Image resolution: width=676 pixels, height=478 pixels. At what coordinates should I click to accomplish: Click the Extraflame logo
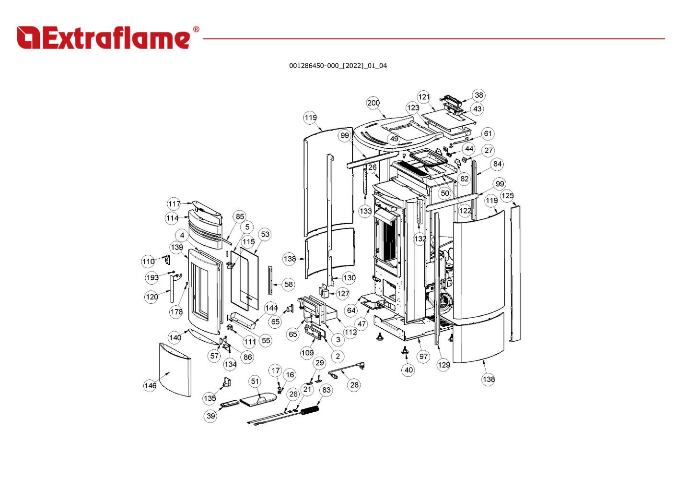click(108, 37)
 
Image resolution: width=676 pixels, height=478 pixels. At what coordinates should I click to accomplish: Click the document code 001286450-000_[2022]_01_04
click(338, 66)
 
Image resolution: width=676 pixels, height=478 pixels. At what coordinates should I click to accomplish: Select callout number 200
click(373, 103)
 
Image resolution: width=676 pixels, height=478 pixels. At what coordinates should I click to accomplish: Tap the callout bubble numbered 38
click(478, 95)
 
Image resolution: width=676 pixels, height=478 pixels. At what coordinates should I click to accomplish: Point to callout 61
click(487, 133)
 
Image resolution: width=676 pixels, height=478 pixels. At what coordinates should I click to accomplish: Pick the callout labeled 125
click(507, 196)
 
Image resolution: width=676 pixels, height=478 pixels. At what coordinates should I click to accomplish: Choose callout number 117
click(174, 204)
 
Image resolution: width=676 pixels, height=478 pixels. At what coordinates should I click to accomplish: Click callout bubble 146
click(150, 385)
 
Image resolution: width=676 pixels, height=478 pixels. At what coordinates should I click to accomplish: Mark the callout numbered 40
click(408, 370)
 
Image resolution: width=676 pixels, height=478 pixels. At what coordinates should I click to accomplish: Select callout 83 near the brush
click(326, 390)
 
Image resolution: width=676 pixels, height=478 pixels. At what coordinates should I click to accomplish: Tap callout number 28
click(354, 385)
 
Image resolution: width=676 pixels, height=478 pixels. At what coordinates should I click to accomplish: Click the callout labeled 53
click(265, 234)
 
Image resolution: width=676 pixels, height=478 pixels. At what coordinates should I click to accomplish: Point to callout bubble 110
click(148, 262)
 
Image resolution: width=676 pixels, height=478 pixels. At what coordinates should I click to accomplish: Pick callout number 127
click(343, 294)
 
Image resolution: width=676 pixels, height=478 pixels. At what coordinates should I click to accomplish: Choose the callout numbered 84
click(498, 164)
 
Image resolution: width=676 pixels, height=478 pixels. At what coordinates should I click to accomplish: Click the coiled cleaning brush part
click(310, 411)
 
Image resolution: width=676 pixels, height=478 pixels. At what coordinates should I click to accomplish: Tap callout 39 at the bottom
click(211, 416)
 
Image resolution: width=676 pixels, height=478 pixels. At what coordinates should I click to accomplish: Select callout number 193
click(152, 278)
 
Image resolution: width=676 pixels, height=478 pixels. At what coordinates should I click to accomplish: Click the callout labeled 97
click(423, 357)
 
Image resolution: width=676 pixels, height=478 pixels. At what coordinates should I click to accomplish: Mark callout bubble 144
click(271, 308)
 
